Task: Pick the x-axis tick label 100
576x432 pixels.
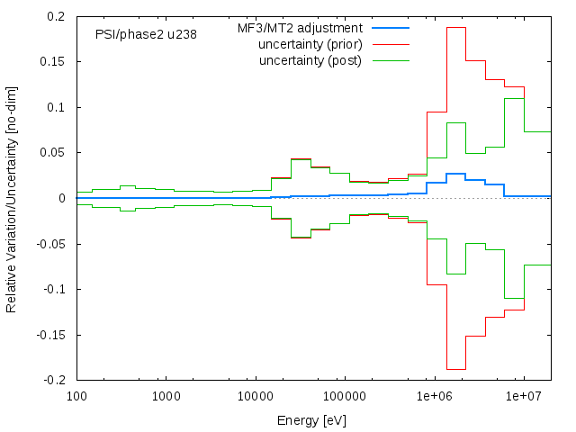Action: pyautogui.click(x=76, y=395)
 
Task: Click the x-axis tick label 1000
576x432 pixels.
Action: pyautogui.click(x=166, y=395)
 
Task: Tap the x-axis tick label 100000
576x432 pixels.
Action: pyautogui.click(x=345, y=395)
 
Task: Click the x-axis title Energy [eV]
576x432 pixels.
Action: pyautogui.click(x=312, y=420)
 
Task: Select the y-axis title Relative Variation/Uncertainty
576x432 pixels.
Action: pyautogui.click(x=12, y=198)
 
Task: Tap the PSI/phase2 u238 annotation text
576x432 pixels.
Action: pyautogui.click(x=146, y=34)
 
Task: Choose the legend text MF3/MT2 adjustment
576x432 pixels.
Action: pyautogui.click(x=300, y=28)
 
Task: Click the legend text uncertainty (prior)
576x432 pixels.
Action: pyautogui.click(x=310, y=44)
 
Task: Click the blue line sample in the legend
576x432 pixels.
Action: pyautogui.click(x=390, y=28)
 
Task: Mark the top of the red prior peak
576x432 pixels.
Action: pyautogui.click(x=456, y=28)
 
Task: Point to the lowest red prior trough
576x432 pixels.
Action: pyautogui.click(x=456, y=369)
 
